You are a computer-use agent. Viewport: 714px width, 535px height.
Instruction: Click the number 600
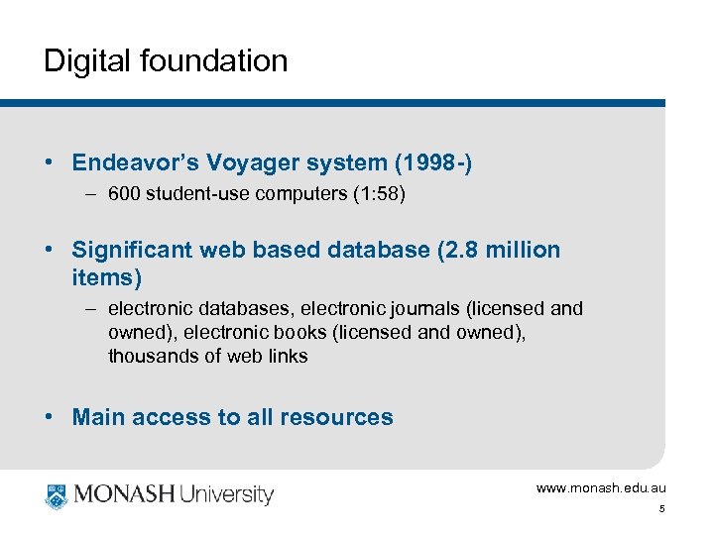[124, 194]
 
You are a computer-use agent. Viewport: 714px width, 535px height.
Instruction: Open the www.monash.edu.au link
[601, 488]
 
